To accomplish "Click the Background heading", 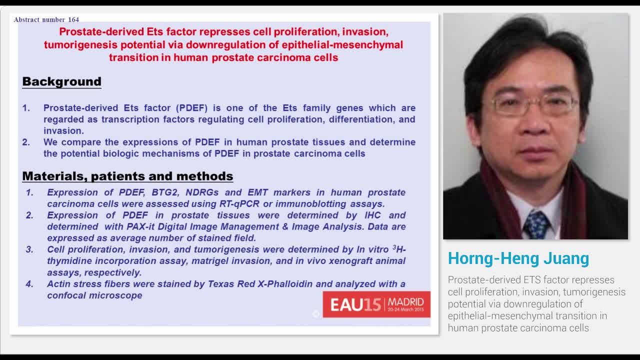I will point(61,81).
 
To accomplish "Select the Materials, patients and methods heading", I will point(127,176).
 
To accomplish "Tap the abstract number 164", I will point(46,19).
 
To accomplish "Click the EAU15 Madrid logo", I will point(376,304).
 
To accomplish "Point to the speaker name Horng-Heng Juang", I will point(518,258).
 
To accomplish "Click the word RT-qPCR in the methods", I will point(239,204).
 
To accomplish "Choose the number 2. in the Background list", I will point(26,142).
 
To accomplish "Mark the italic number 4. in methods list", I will point(30,284).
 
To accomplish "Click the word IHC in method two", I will point(372,215).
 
